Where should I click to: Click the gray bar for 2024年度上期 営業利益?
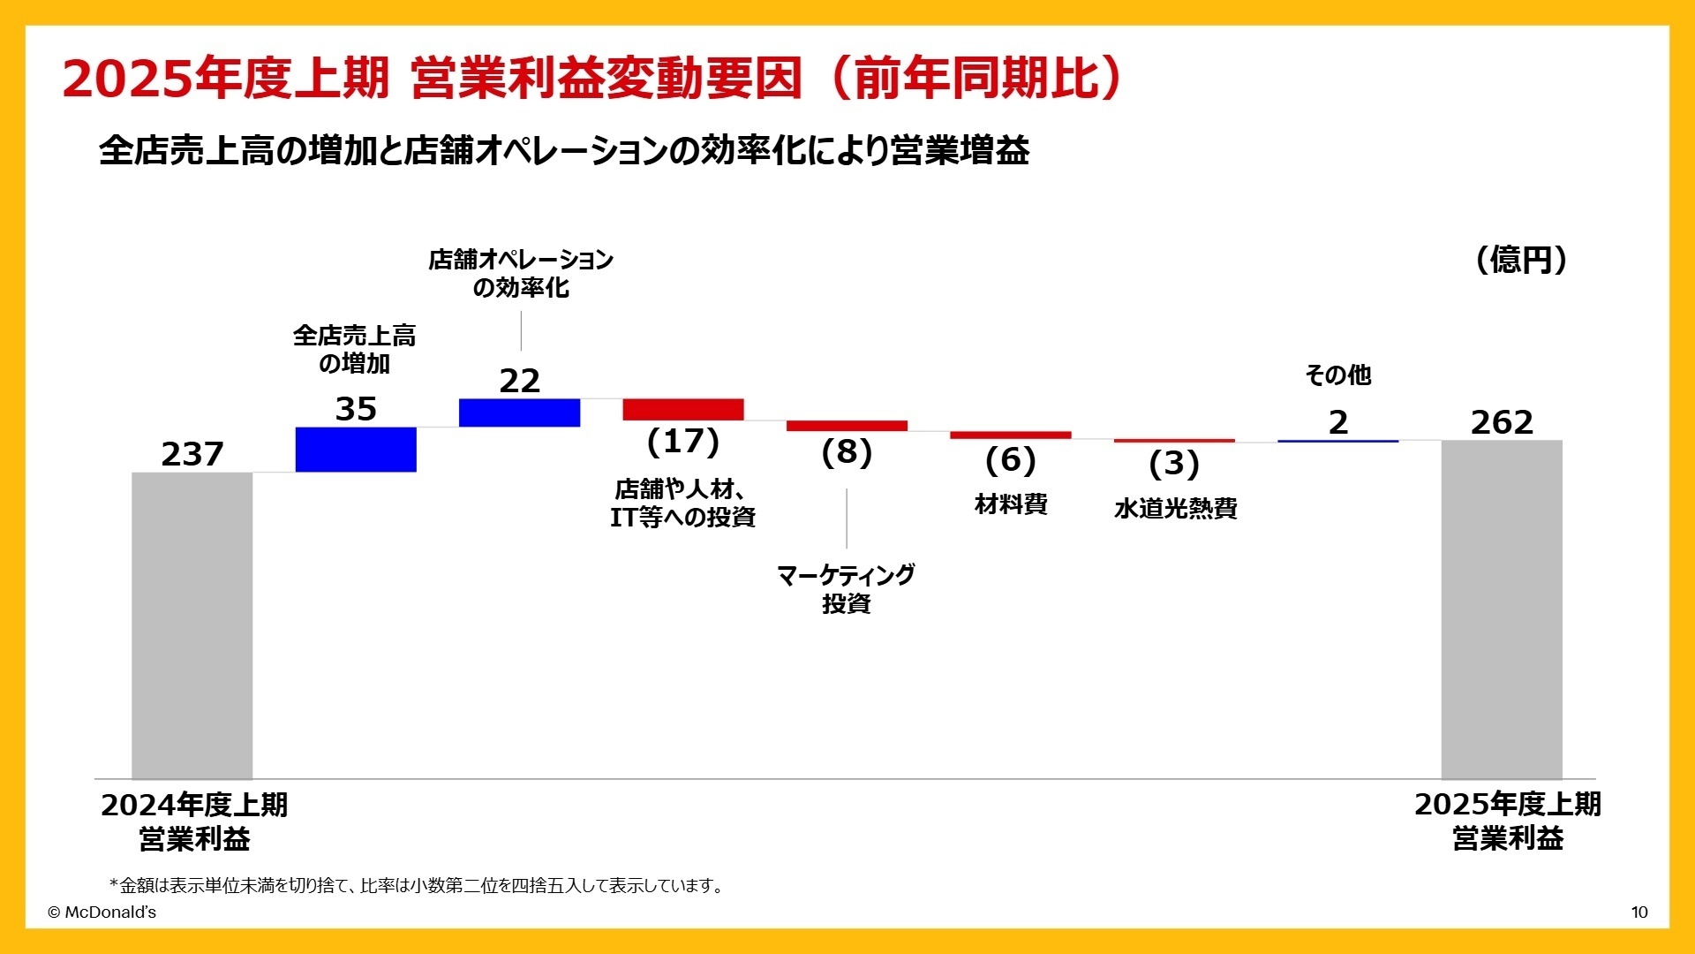(x=192, y=625)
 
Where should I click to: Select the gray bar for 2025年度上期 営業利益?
(x=1502, y=609)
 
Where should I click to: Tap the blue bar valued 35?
(x=356, y=450)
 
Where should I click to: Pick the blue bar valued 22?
(x=519, y=413)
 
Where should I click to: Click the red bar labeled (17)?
(x=683, y=410)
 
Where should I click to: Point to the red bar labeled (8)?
(x=847, y=426)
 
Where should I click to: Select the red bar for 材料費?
(x=1010, y=435)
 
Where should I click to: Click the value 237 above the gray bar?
(x=192, y=455)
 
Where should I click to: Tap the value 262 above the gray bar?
(x=1502, y=423)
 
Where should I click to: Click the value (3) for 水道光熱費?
(x=1174, y=464)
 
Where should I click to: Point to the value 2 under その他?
(x=1338, y=423)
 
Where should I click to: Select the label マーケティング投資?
(x=846, y=589)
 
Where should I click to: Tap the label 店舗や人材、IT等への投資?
(x=682, y=503)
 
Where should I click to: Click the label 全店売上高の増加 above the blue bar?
(x=354, y=350)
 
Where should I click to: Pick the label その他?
(x=1338, y=375)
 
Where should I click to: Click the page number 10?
(x=1639, y=912)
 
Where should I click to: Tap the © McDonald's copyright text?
(x=102, y=912)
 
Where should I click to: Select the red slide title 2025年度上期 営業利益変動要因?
(x=591, y=79)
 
